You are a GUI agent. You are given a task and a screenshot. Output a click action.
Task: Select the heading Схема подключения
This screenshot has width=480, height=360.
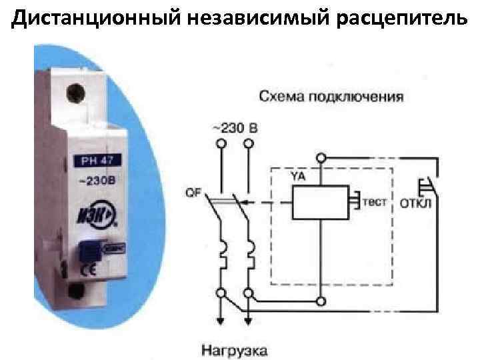point(331,97)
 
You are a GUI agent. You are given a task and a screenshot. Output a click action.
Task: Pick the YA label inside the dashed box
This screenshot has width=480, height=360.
point(298,176)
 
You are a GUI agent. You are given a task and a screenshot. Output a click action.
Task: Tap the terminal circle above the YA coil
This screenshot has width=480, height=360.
point(323,158)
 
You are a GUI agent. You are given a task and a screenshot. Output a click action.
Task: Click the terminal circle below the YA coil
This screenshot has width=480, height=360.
point(323,301)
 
